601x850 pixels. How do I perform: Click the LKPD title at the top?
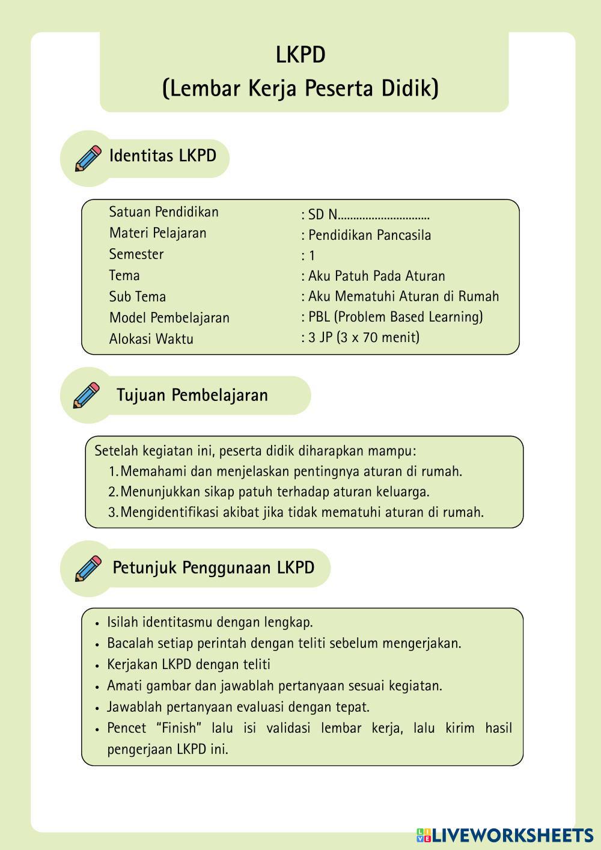[300, 55]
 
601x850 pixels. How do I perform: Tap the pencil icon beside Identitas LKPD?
[88, 158]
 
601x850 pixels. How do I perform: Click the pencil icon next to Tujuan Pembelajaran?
[86, 395]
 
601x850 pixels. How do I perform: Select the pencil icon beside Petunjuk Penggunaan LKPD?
[88, 568]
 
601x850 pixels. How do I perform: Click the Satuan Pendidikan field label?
[163, 212]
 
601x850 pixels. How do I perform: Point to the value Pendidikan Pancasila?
[369, 235]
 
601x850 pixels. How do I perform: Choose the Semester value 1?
[311, 256]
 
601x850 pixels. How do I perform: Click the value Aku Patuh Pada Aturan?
[376, 277]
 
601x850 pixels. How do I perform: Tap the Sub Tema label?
[137, 297]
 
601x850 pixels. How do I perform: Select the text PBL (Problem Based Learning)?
[395, 317]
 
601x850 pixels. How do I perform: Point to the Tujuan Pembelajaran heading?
[192, 396]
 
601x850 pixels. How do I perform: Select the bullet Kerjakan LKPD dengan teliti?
[188, 664]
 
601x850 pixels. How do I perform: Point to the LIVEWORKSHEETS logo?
[505, 835]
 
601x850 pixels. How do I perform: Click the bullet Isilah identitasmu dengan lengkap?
[209, 622]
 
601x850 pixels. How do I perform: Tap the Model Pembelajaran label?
[169, 318]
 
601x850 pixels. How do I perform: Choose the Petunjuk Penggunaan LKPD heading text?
[213, 568]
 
